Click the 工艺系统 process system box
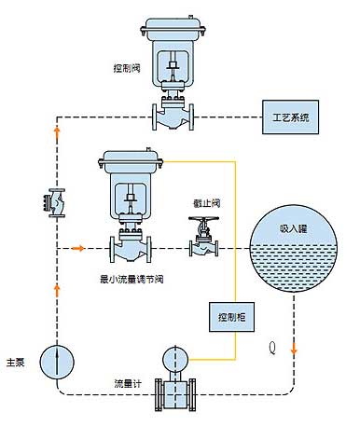coord(290,117)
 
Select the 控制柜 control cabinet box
coord(231,317)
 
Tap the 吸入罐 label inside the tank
coord(293,229)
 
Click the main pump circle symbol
coord(57,362)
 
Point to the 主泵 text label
coord(16,363)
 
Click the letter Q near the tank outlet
coord(272,349)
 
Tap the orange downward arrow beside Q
coord(294,349)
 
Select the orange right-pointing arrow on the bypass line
coord(77,248)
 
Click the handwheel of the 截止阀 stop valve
coord(203,219)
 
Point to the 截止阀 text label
coord(207,203)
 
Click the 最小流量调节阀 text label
coord(132,280)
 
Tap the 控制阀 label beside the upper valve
coord(127,68)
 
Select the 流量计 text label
coord(128,384)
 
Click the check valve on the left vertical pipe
coord(54,203)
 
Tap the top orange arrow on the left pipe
coord(57,131)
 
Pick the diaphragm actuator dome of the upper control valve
coord(173,30)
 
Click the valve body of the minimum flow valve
coord(131,250)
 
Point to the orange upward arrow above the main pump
coord(57,291)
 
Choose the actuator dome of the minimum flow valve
coord(131,161)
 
